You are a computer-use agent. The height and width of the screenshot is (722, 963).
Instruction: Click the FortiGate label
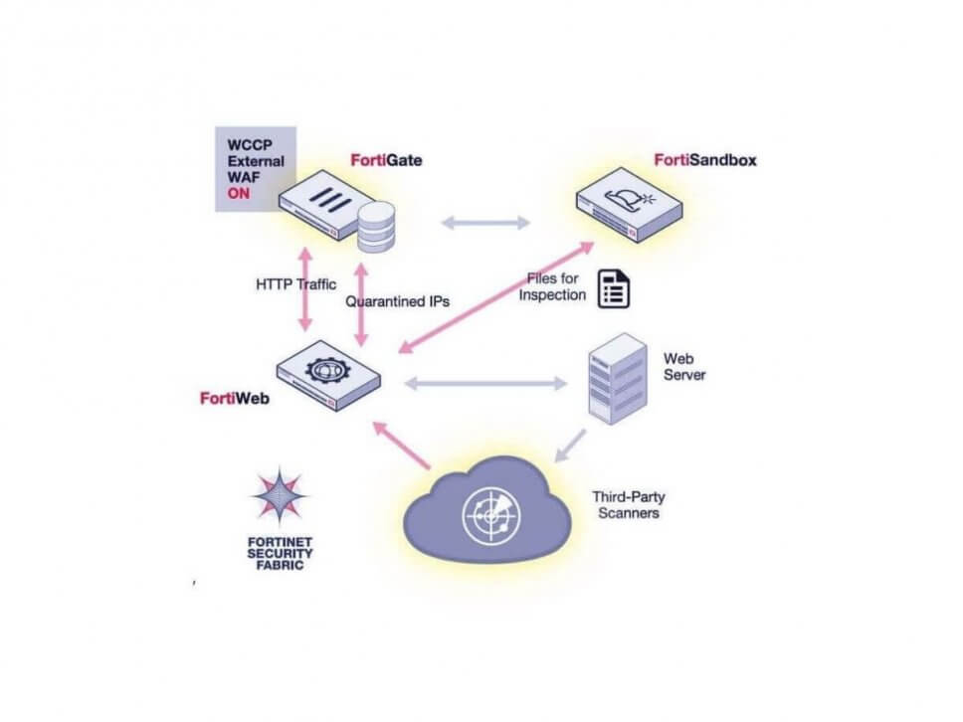tap(386, 159)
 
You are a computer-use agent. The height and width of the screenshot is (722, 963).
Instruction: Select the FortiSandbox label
tap(704, 159)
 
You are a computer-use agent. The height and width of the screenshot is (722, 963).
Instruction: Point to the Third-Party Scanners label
tap(625, 504)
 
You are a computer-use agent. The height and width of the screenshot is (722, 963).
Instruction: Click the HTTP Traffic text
tap(295, 284)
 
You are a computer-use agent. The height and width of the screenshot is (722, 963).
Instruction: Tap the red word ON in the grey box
tap(239, 194)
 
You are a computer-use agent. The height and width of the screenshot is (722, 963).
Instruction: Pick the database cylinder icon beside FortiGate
tap(377, 227)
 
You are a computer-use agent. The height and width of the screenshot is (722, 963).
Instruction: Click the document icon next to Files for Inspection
tap(614, 287)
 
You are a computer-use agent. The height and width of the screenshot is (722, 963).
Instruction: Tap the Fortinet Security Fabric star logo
tap(279, 496)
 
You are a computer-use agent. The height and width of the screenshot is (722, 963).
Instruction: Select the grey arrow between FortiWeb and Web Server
tap(485, 382)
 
